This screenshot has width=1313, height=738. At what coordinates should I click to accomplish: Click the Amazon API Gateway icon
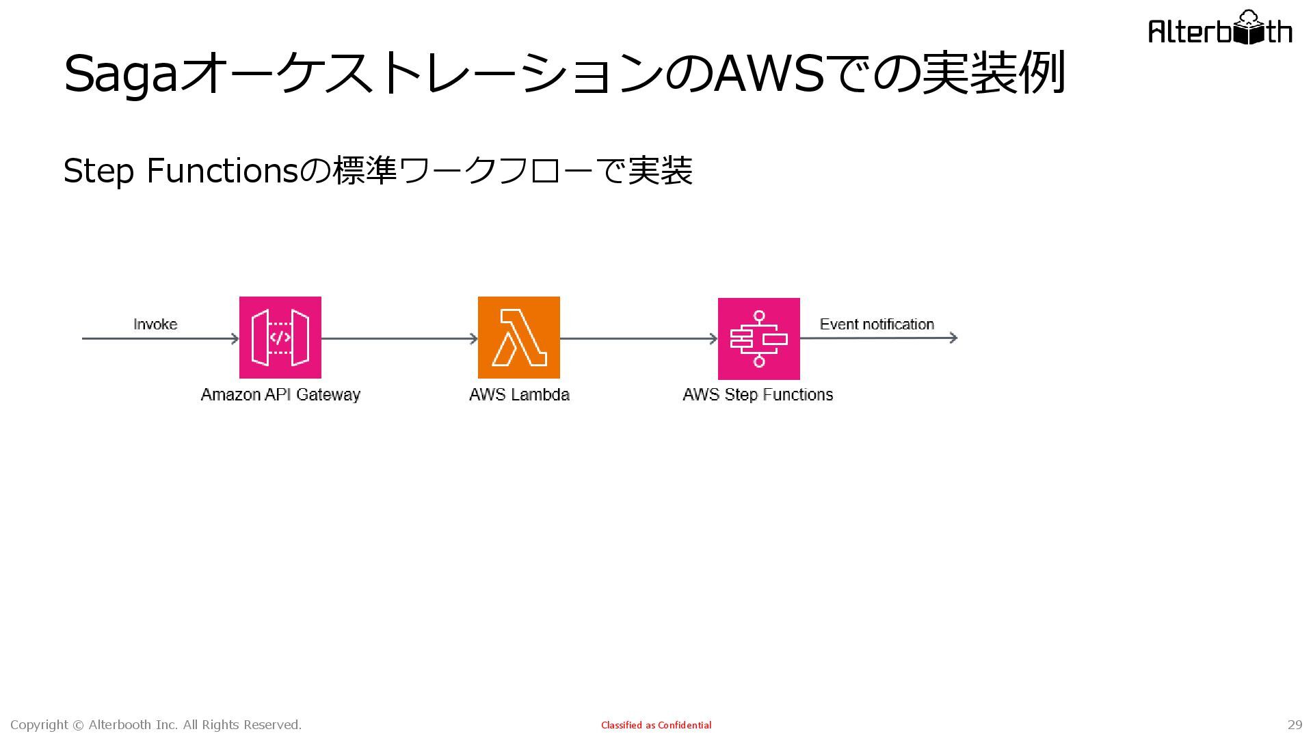[280, 338]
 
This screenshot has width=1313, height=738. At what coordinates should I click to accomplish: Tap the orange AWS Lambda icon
[518, 338]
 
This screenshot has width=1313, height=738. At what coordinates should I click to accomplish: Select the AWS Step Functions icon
[758, 339]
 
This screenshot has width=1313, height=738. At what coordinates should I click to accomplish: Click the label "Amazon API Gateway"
[280, 395]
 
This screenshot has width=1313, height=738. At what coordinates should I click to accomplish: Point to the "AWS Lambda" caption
[519, 395]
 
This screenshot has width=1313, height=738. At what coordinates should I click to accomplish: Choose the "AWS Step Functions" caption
[758, 395]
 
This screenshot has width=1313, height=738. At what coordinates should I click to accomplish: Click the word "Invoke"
[155, 325]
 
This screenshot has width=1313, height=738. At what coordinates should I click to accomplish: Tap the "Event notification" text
[877, 325]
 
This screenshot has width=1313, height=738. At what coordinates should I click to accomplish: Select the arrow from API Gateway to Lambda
[399, 338]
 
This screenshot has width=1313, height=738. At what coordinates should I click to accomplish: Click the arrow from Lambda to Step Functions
[639, 338]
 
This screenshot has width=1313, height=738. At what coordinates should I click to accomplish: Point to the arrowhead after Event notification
[953, 338]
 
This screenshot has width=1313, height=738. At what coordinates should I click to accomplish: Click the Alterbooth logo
[1220, 29]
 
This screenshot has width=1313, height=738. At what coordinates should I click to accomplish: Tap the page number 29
[1295, 725]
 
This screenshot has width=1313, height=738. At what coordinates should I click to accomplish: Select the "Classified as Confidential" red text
[656, 725]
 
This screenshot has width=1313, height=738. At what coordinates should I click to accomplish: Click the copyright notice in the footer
[156, 725]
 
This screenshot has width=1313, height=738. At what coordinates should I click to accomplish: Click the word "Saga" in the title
[120, 74]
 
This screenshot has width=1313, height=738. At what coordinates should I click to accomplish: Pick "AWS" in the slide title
[769, 74]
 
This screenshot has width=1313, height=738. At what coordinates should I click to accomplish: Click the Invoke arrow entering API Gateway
[161, 338]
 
